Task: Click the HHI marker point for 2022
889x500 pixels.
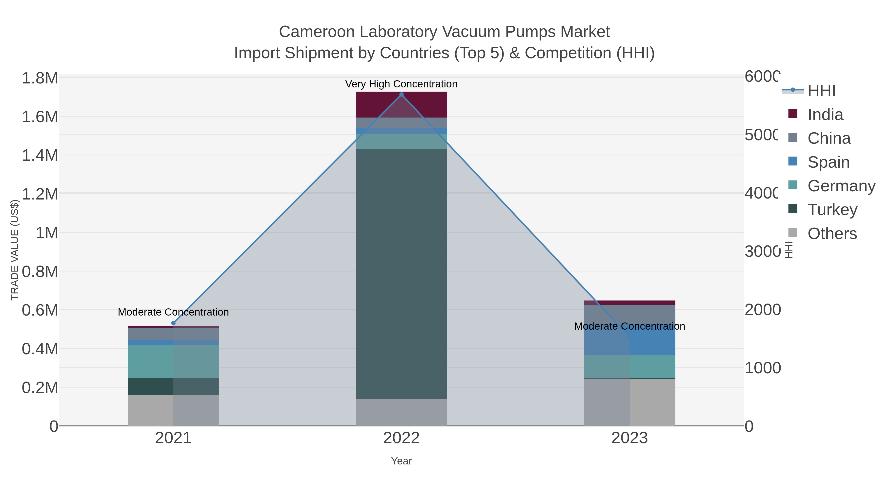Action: coord(401,95)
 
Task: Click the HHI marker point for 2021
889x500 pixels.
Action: coord(173,323)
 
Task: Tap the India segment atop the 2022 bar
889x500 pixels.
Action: coord(401,104)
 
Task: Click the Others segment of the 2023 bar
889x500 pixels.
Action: coord(629,402)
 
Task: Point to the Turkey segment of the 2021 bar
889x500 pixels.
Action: coord(173,386)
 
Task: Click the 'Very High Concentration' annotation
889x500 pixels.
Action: coord(401,84)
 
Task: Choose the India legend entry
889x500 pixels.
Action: coord(825,115)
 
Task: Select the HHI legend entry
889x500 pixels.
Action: coord(821,91)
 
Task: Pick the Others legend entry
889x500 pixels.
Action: coord(832,234)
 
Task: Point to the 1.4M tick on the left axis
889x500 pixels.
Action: coord(40,155)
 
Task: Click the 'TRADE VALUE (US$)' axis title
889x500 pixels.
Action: coord(15,250)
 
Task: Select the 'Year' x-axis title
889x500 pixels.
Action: coord(401,461)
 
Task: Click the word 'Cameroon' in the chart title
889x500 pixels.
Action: coord(317,32)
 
